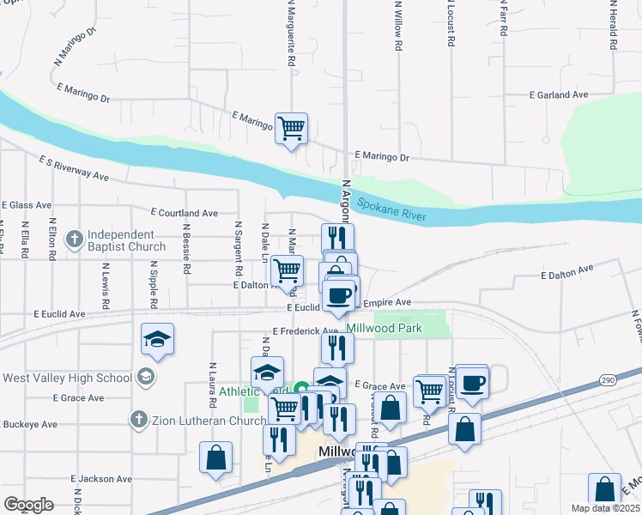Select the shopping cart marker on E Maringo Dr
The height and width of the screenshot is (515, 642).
tap(292, 129)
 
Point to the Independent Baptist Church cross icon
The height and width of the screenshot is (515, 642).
tap(75, 238)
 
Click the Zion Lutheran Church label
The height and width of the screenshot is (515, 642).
tap(209, 420)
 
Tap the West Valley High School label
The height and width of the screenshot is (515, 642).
tap(67, 378)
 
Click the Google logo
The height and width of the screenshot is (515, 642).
tap(28, 505)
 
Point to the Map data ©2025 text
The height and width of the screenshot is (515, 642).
tap(605, 508)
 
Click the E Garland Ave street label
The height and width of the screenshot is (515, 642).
tap(559, 95)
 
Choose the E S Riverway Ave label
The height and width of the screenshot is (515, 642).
tap(74, 167)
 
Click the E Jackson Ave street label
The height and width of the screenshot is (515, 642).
tap(101, 479)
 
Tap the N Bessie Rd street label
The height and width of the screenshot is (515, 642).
tap(186, 250)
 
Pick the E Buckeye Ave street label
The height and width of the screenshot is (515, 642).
tap(28, 424)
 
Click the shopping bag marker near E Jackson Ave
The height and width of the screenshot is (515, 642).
tap(215, 457)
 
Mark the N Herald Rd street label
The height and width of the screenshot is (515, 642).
tap(613, 28)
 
